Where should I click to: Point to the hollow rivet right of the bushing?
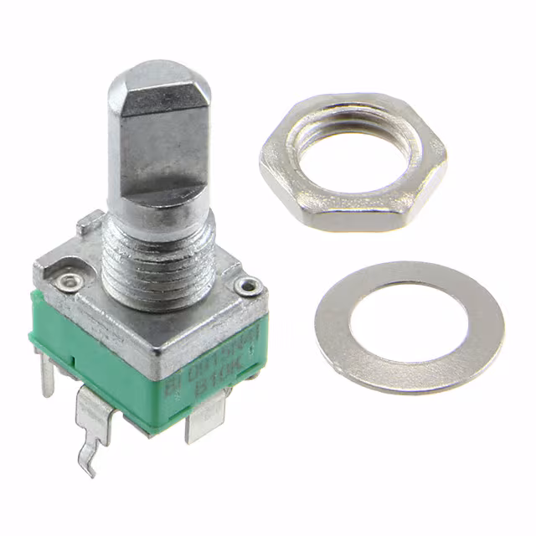[x=248, y=287]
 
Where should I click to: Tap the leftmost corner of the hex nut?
[x=262, y=166]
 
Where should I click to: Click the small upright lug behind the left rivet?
[x=85, y=224]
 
